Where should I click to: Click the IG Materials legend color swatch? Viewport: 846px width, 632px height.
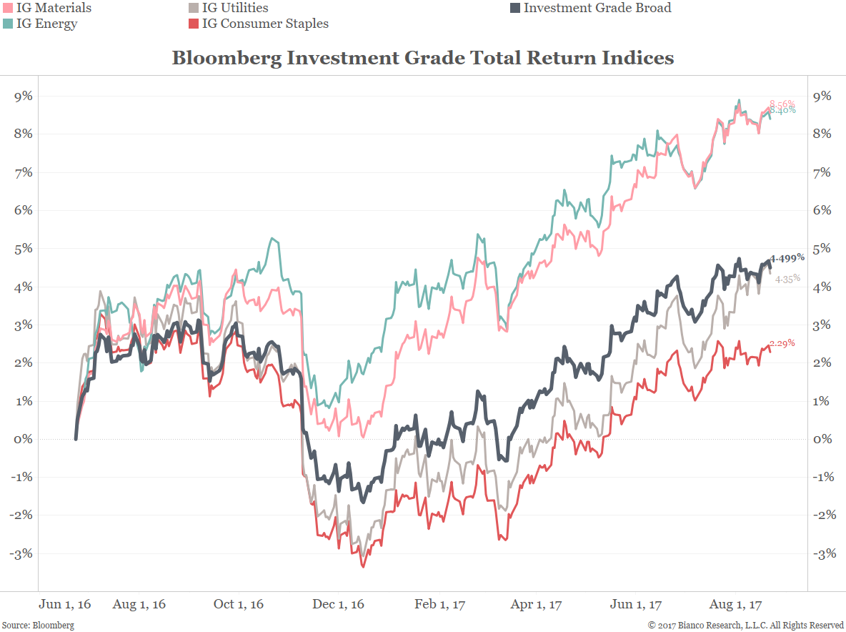pos(7,9)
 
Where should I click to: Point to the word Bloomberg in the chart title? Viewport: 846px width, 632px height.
pos(226,58)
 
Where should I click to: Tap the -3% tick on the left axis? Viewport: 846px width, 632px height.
pos(21,553)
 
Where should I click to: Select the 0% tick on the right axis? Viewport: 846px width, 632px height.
pos(822,439)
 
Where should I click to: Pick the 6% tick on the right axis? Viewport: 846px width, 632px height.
pos(822,210)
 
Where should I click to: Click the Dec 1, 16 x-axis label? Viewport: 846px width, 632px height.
pos(338,604)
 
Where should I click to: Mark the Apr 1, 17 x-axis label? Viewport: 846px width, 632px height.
pos(536,604)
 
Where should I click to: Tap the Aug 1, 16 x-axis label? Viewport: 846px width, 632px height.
pos(139,604)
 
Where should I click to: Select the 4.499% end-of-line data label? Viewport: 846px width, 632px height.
pos(788,257)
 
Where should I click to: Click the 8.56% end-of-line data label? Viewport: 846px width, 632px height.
pos(782,104)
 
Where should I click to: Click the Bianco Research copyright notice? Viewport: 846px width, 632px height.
pos(745,625)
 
